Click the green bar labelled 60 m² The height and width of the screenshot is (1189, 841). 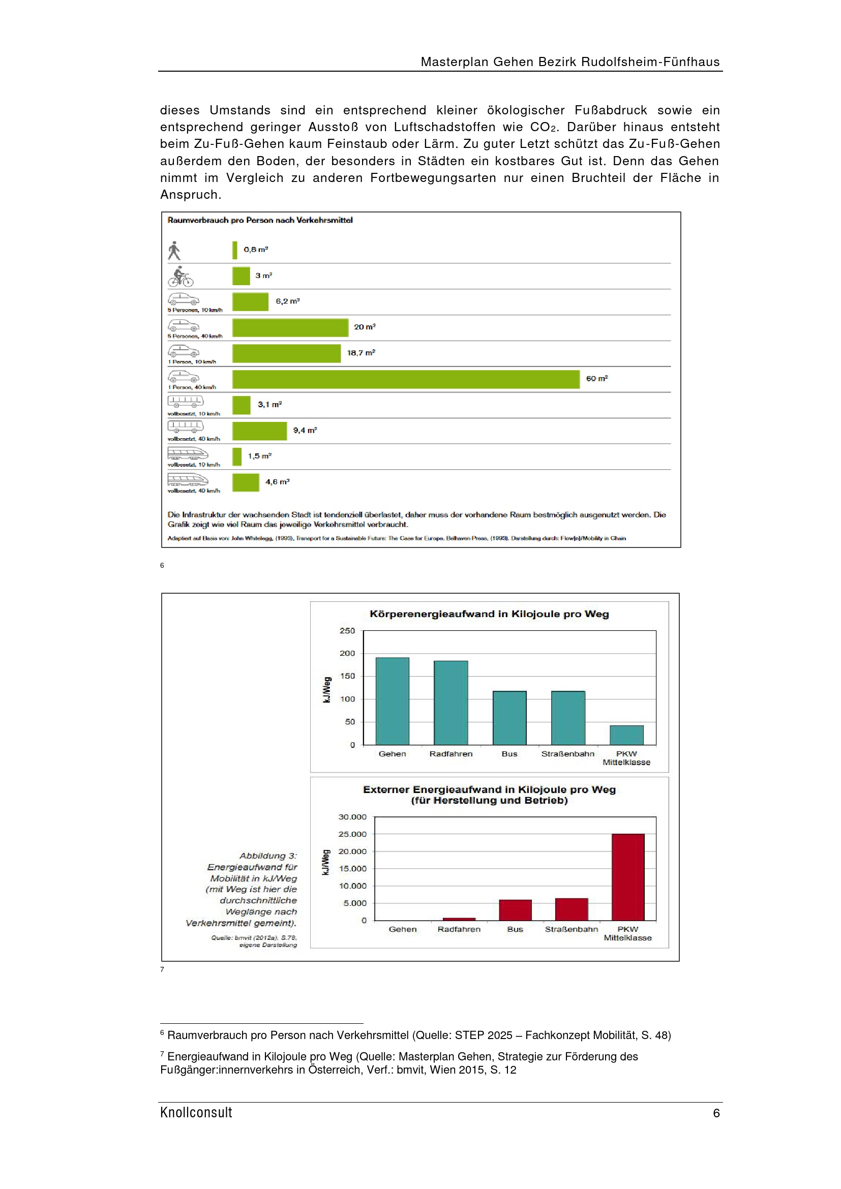pyautogui.click(x=405, y=379)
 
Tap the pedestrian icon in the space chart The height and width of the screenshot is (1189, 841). pyautogui.click(x=174, y=251)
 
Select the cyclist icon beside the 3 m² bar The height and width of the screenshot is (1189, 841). pyautogui.click(x=180, y=277)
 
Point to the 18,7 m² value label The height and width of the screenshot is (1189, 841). pyautogui.click(x=361, y=353)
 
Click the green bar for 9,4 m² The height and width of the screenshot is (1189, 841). pyautogui.click(x=259, y=431)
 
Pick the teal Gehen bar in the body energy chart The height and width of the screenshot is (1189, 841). pyautogui.click(x=392, y=700)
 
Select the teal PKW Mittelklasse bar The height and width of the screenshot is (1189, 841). pyautogui.click(x=626, y=735)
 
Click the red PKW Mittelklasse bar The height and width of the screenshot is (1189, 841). pyautogui.click(x=627, y=877)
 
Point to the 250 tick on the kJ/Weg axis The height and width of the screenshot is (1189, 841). pyautogui.click(x=347, y=631)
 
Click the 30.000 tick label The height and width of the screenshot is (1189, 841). pyautogui.click(x=352, y=817)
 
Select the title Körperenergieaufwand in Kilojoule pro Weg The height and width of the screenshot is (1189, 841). pyautogui.click(x=489, y=614)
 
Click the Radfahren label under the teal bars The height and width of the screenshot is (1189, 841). pyautogui.click(x=450, y=754)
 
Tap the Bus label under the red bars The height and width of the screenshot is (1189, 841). pyautogui.click(x=515, y=929)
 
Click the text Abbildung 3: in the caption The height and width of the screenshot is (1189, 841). pyautogui.click(x=268, y=856)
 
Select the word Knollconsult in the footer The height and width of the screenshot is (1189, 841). pyautogui.click(x=196, y=1112)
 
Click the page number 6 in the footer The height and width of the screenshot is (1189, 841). pyautogui.click(x=716, y=1113)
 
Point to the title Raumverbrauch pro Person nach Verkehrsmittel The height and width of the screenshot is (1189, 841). pyautogui.click(x=260, y=220)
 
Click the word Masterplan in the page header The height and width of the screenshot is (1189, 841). pyautogui.click(x=454, y=62)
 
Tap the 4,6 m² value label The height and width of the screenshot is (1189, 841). pyautogui.click(x=277, y=482)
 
